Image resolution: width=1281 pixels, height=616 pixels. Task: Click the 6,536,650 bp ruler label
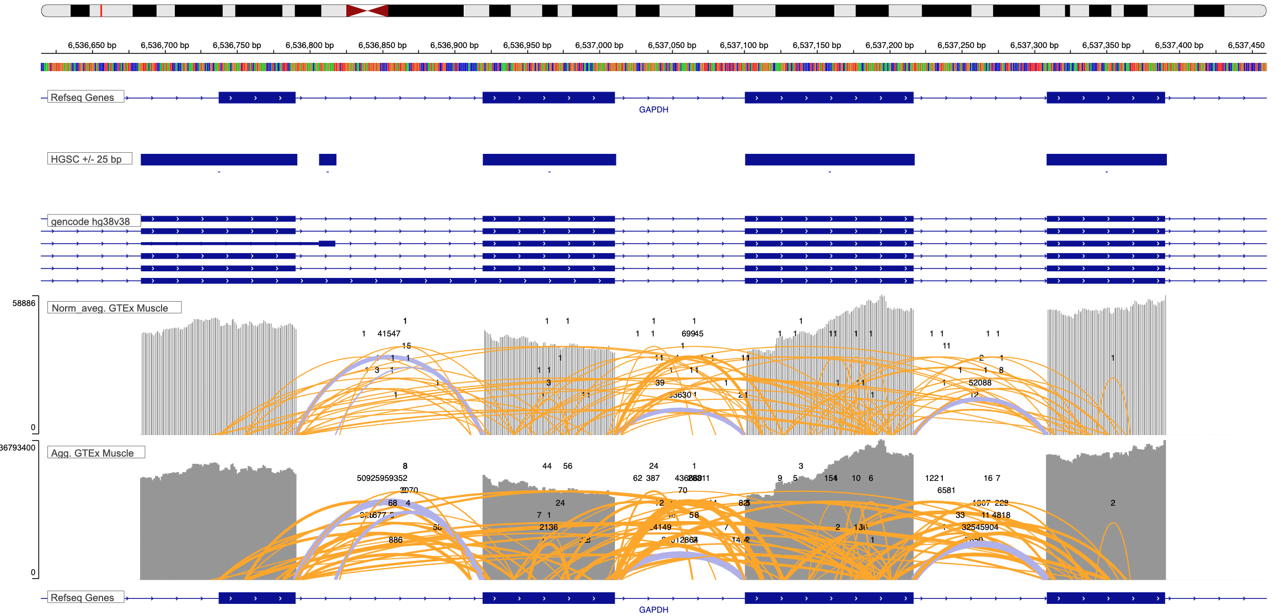tap(92, 45)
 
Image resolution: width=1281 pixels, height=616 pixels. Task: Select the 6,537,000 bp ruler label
tap(599, 45)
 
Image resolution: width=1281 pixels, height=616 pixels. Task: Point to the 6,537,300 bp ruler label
tap(1034, 45)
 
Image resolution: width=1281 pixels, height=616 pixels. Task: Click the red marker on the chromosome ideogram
tap(101, 10)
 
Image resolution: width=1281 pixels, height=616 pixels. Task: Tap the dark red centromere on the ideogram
tap(367, 10)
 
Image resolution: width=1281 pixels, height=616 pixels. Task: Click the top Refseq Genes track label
tap(83, 98)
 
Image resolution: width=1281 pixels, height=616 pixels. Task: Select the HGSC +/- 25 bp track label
tap(87, 159)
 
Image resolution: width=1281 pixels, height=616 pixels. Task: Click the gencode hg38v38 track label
tap(90, 222)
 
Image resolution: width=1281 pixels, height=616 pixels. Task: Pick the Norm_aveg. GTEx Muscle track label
tap(110, 308)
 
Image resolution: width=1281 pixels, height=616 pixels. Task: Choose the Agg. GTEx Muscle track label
tap(93, 453)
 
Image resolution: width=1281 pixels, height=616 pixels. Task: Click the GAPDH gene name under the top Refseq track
tap(653, 110)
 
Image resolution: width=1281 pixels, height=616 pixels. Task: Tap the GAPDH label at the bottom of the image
tap(653, 609)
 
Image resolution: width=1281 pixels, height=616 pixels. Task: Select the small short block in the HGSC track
tap(328, 160)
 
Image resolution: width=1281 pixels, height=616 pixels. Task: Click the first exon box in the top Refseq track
tap(257, 98)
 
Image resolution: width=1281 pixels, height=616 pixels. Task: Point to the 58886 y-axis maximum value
tap(24, 303)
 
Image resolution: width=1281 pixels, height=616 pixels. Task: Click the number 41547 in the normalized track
tap(389, 334)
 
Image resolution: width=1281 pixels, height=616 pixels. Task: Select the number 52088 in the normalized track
tap(980, 383)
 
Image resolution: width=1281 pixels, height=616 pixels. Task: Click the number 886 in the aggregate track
tap(395, 540)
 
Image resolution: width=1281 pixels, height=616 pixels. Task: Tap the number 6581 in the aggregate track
tap(946, 490)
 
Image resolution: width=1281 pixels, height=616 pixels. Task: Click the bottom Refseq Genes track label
tap(83, 598)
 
